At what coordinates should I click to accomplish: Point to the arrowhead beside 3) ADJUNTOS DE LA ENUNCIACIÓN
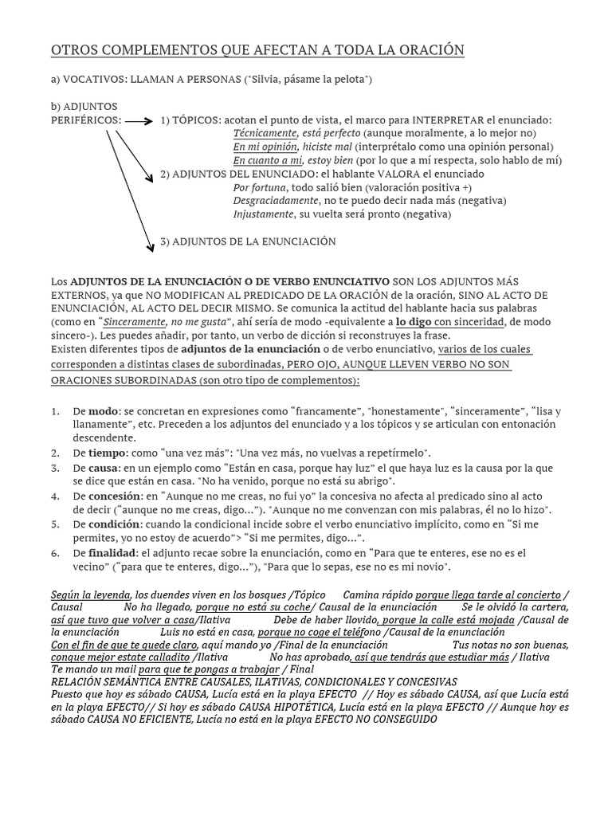point(150,248)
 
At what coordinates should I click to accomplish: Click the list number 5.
point(55,524)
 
